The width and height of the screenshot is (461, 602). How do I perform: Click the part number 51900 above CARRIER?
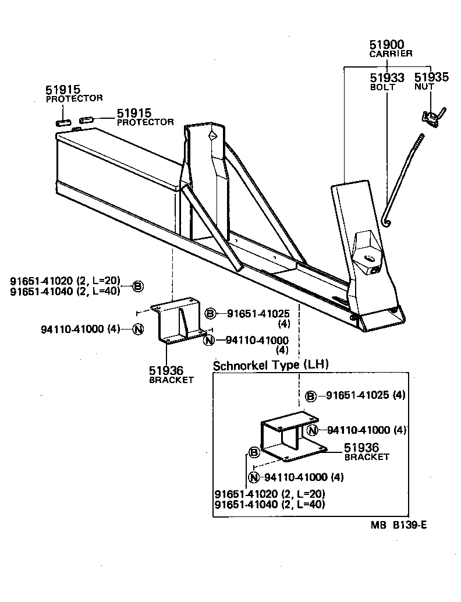(386, 45)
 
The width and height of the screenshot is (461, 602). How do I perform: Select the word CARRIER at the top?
(391, 54)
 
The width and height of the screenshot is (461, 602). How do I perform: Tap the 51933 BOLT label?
(387, 81)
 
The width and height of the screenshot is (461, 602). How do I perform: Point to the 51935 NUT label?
(431, 81)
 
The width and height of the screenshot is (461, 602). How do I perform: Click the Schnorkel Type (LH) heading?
(271, 366)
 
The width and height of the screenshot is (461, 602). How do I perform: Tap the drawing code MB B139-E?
(399, 525)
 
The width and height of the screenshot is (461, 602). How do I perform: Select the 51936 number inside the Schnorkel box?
(361, 448)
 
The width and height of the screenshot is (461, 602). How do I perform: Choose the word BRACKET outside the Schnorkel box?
(171, 380)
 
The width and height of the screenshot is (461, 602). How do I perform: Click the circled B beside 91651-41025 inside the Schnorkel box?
(311, 396)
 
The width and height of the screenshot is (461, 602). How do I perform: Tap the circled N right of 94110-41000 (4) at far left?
(137, 329)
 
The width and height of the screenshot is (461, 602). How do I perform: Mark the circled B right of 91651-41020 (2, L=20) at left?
(137, 286)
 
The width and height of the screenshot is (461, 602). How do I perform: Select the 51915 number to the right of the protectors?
(134, 113)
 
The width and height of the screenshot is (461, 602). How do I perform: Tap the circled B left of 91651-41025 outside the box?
(210, 314)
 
